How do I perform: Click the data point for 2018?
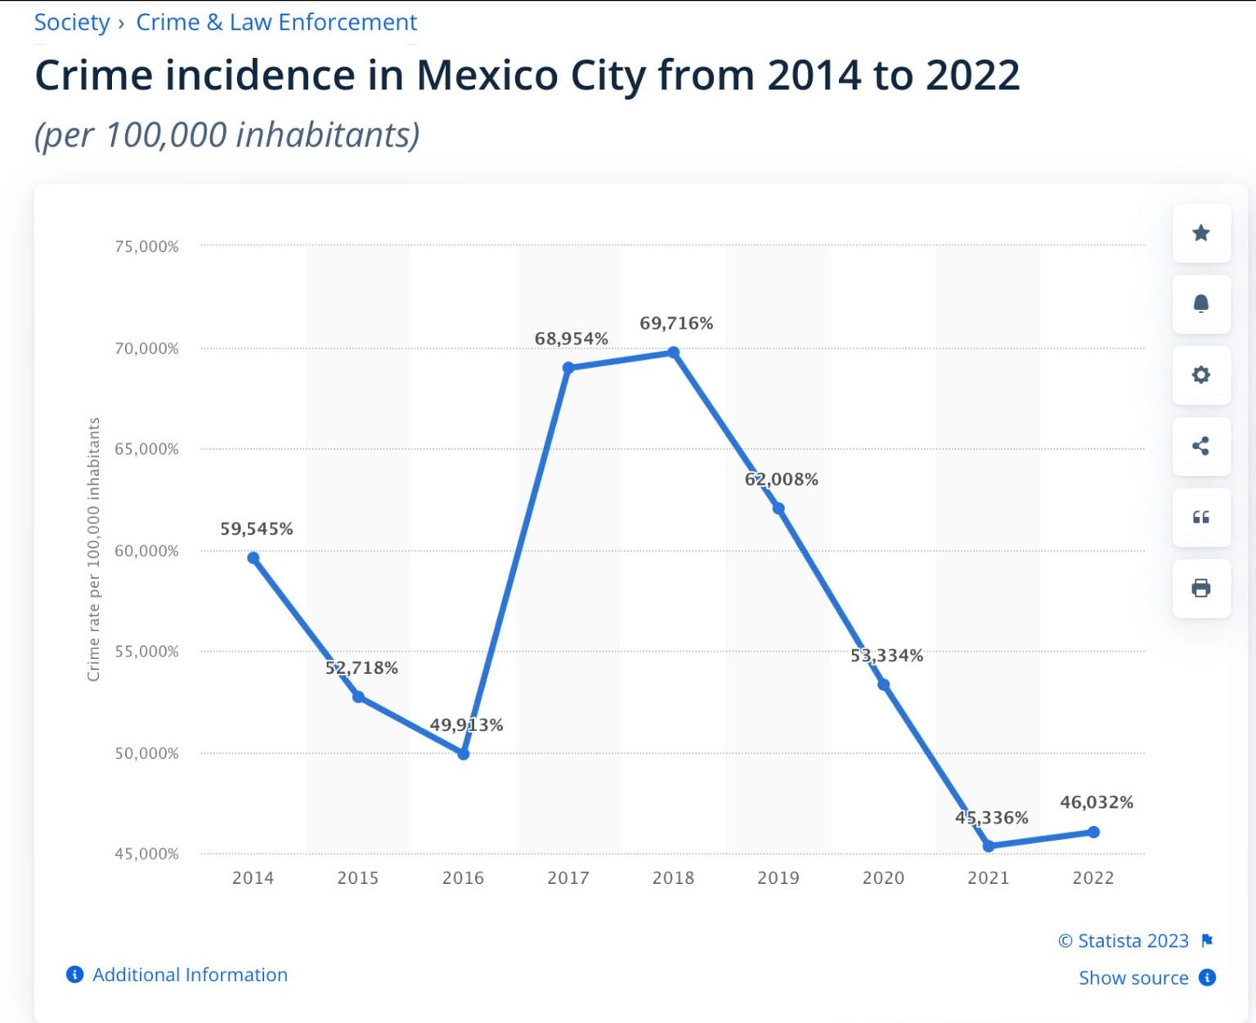click(x=673, y=352)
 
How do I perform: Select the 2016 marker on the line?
click(x=463, y=754)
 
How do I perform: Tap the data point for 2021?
click(x=989, y=846)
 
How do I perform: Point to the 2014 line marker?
click(x=253, y=558)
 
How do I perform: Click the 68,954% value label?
click(x=571, y=339)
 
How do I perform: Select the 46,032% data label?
click(x=1096, y=802)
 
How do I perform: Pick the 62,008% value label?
click(x=781, y=479)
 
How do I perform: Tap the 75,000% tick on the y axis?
click(x=146, y=246)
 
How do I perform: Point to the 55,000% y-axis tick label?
click(x=146, y=652)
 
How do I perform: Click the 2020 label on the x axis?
click(x=883, y=877)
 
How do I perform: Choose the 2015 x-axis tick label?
click(x=357, y=877)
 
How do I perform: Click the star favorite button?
click(x=1200, y=233)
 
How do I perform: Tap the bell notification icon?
click(x=1200, y=304)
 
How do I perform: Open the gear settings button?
click(x=1200, y=375)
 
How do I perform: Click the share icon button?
click(x=1200, y=446)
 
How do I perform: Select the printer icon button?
click(x=1200, y=588)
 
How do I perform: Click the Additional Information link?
click(x=189, y=975)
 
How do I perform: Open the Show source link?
click(x=1133, y=978)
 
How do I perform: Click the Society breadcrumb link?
click(x=72, y=22)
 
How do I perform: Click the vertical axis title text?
click(x=94, y=550)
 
